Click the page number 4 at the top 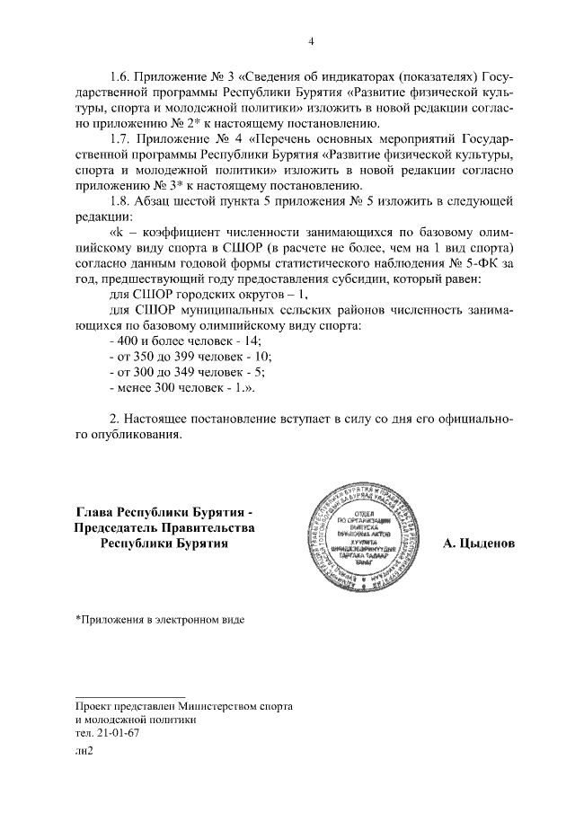(310, 40)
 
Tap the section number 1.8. (120, 199)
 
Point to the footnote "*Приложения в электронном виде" (160, 618)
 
